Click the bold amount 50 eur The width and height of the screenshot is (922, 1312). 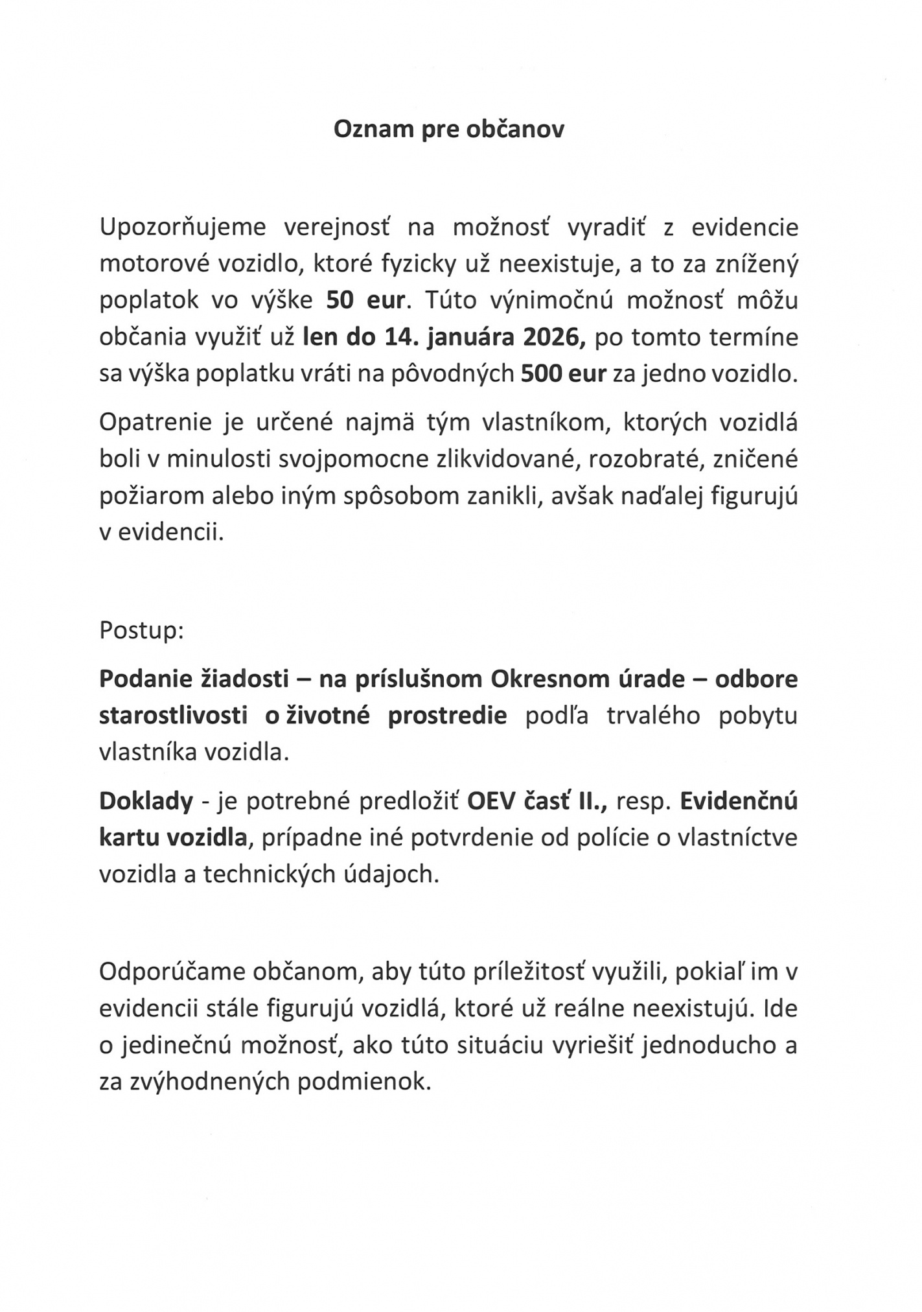click(x=365, y=301)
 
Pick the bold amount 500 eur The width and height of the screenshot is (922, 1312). click(x=564, y=374)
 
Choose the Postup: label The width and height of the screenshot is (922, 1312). click(x=141, y=630)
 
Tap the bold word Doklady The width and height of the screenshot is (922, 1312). click(x=146, y=801)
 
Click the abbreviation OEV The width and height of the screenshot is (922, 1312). click(x=493, y=801)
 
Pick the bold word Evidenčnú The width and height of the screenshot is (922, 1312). click(x=739, y=801)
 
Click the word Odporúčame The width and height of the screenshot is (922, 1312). click(x=170, y=972)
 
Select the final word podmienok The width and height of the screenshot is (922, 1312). click(x=364, y=1082)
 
